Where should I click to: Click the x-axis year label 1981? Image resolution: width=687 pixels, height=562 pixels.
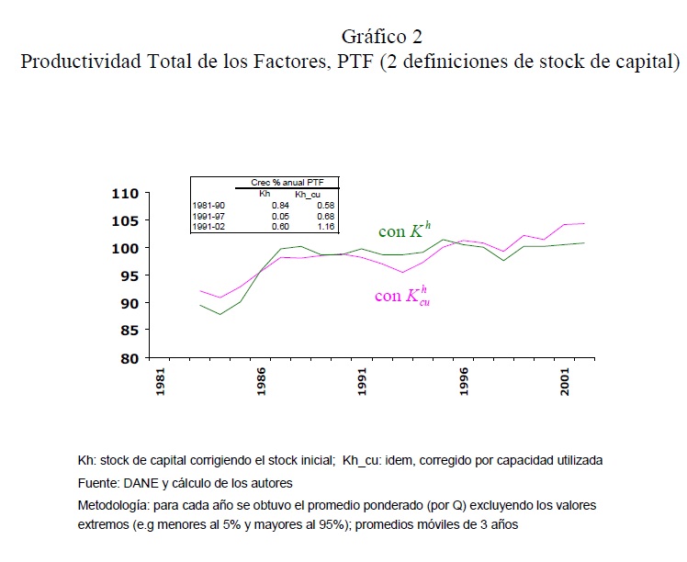point(161,381)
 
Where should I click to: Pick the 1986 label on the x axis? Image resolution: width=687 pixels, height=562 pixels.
point(262,381)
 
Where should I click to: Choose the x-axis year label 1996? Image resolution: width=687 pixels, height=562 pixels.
point(464,381)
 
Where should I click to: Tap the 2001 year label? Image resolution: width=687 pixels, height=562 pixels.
point(565,381)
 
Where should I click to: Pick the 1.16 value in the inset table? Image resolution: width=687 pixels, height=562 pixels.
point(325,226)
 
